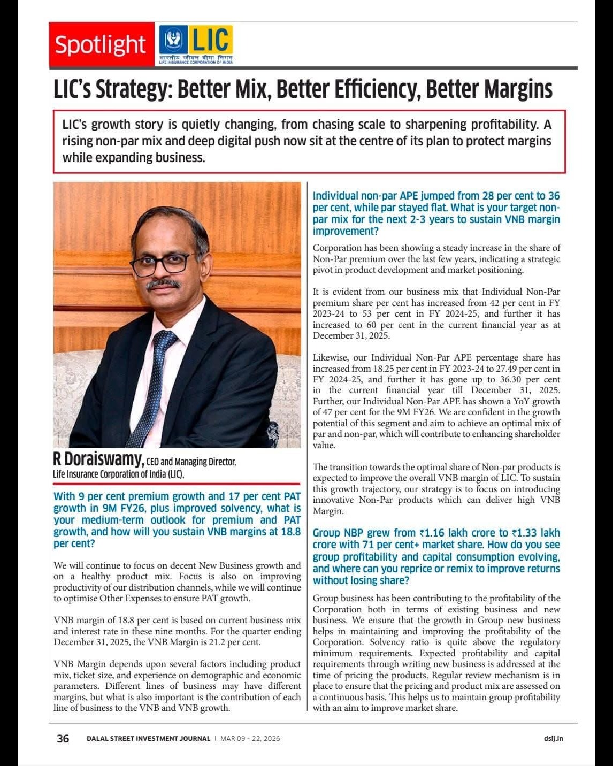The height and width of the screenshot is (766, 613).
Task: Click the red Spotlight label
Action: [101, 45]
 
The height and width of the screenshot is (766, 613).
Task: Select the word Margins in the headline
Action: [518, 90]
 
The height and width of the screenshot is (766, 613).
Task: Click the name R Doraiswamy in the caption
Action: [98, 459]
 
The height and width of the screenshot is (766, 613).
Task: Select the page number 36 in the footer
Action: [63, 739]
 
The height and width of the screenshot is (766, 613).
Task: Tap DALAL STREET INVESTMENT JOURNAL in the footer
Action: [148, 739]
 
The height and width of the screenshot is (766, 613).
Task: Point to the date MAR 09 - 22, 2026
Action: [250, 739]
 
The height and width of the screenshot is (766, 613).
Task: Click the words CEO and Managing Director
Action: [191, 462]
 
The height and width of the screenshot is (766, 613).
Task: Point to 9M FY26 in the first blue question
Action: [123, 508]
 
